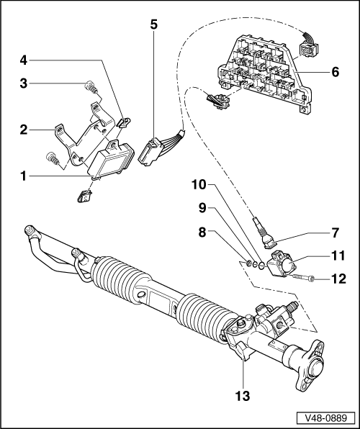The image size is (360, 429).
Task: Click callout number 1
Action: tap(24, 176)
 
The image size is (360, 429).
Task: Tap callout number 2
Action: tap(24, 130)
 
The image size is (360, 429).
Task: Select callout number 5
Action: tap(154, 24)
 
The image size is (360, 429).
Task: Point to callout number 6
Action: tap(335, 72)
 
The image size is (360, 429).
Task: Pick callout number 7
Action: tap(335, 232)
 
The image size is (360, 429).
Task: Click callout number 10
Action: tap(199, 185)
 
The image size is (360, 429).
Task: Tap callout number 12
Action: tap(338, 279)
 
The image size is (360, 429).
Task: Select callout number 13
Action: tap(243, 396)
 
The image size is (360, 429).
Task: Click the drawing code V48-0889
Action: tap(325, 418)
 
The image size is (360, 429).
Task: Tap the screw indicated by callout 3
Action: tap(90, 86)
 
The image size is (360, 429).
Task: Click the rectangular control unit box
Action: tap(111, 158)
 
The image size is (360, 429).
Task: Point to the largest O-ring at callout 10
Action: tap(261, 265)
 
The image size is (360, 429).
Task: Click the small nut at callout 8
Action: tap(249, 263)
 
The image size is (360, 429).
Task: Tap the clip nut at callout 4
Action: tap(124, 122)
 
